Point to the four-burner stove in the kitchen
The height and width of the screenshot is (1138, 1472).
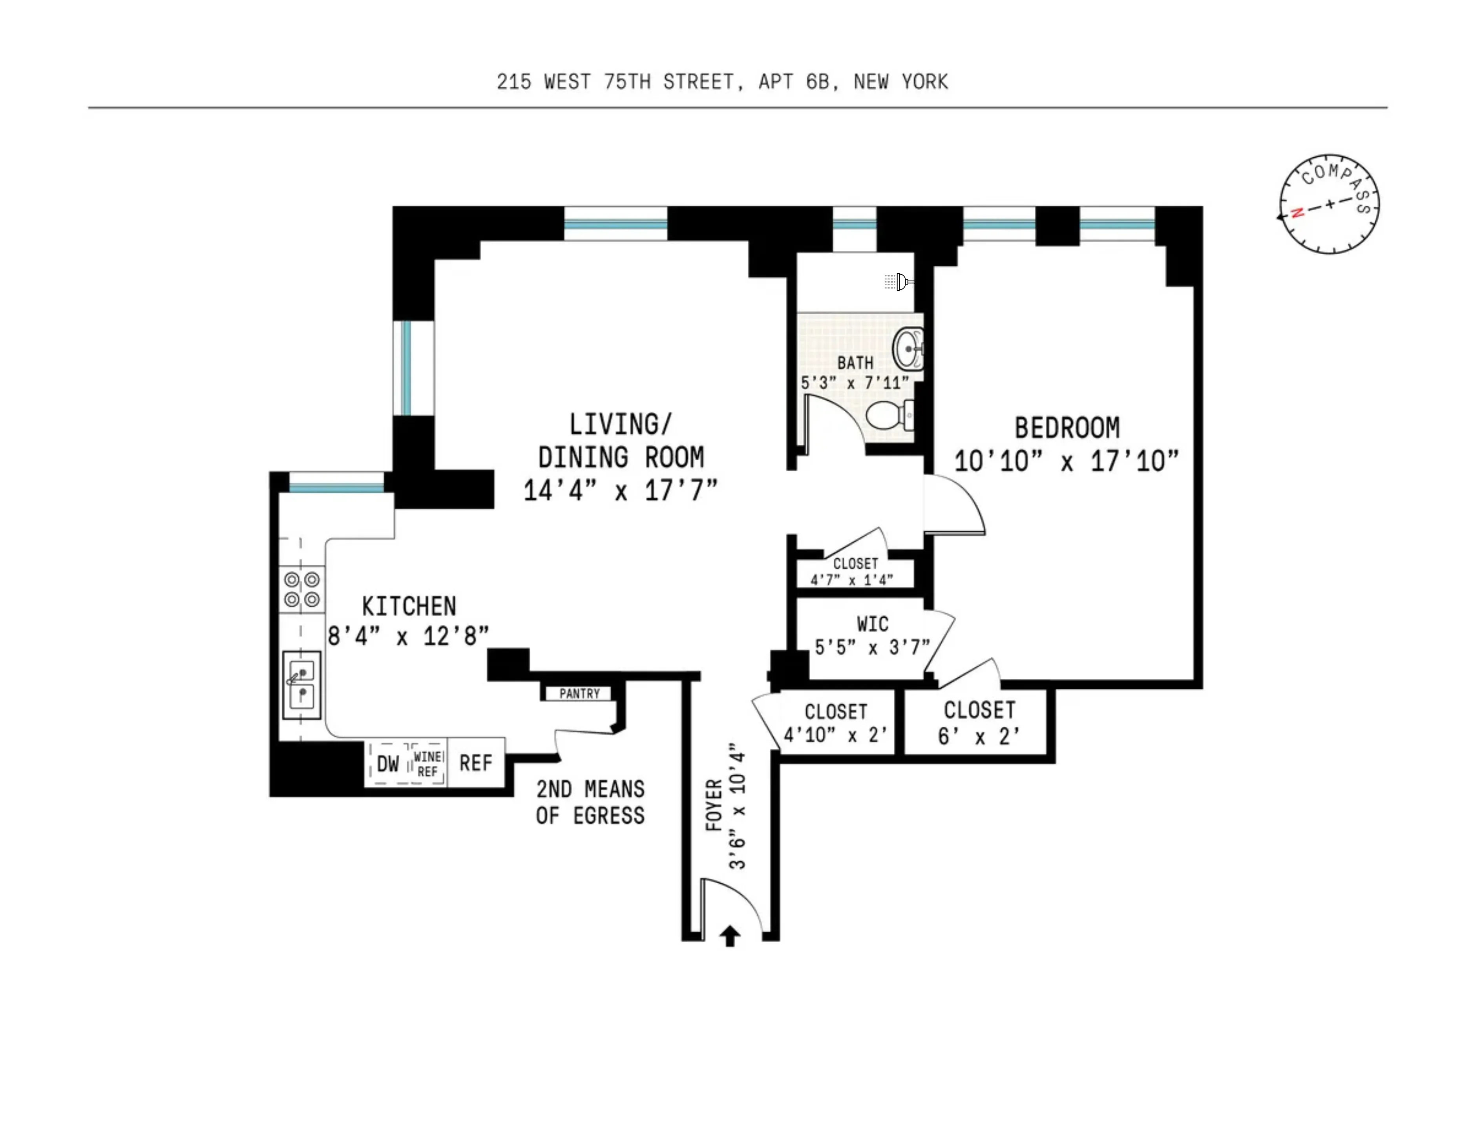tap(301, 589)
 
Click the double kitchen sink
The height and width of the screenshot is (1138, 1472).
tap(301, 684)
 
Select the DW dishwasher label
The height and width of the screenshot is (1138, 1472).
tap(387, 763)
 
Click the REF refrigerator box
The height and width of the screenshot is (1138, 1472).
tap(476, 763)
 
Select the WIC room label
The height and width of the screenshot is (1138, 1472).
tap(872, 624)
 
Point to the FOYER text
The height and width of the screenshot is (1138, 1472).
tap(714, 805)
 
